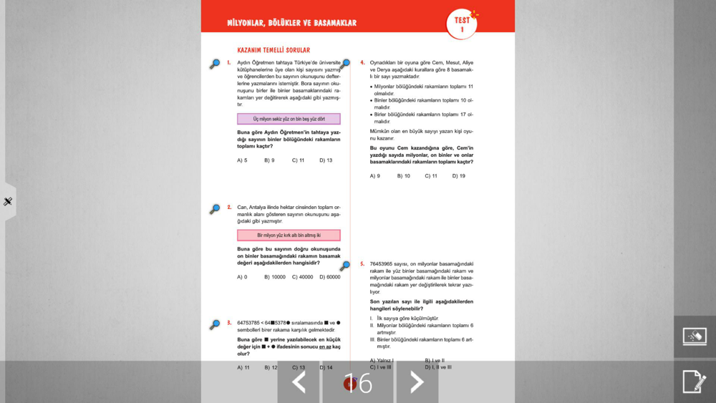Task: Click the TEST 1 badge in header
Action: (462, 24)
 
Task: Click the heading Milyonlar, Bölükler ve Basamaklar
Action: (291, 23)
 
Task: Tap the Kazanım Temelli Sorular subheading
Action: (274, 50)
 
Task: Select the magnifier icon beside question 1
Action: (215, 64)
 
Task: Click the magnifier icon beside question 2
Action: (215, 209)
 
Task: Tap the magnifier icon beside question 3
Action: (215, 324)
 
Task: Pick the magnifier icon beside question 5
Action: (345, 266)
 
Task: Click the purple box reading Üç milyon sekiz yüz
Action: (289, 119)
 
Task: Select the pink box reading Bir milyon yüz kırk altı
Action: (289, 235)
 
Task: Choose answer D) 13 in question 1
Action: (326, 160)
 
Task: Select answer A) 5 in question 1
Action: (242, 160)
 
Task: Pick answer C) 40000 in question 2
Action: (302, 277)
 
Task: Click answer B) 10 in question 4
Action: (404, 176)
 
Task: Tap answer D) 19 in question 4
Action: (458, 176)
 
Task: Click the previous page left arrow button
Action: (299, 382)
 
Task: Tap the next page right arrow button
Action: (417, 382)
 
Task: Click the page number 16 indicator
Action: (358, 384)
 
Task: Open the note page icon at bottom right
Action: (694, 382)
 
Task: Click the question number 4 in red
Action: (362, 63)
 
